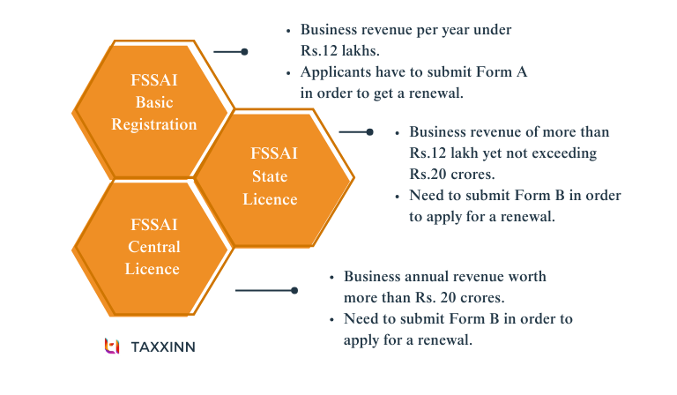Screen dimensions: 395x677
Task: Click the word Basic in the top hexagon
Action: coord(154,103)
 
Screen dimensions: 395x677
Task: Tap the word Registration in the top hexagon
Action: coord(154,124)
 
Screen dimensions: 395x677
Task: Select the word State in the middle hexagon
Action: coord(270,177)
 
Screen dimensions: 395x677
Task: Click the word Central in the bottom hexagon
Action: coord(154,247)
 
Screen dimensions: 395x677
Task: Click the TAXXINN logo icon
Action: coord(112,347)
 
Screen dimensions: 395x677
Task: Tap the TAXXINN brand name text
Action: coord(163,347)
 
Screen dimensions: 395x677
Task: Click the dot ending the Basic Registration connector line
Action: coord(244,52)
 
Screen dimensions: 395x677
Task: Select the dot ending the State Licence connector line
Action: coord(370,132)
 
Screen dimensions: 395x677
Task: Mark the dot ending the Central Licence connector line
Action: coord(294,290)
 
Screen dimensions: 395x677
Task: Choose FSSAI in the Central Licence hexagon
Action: coord(154,226)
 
